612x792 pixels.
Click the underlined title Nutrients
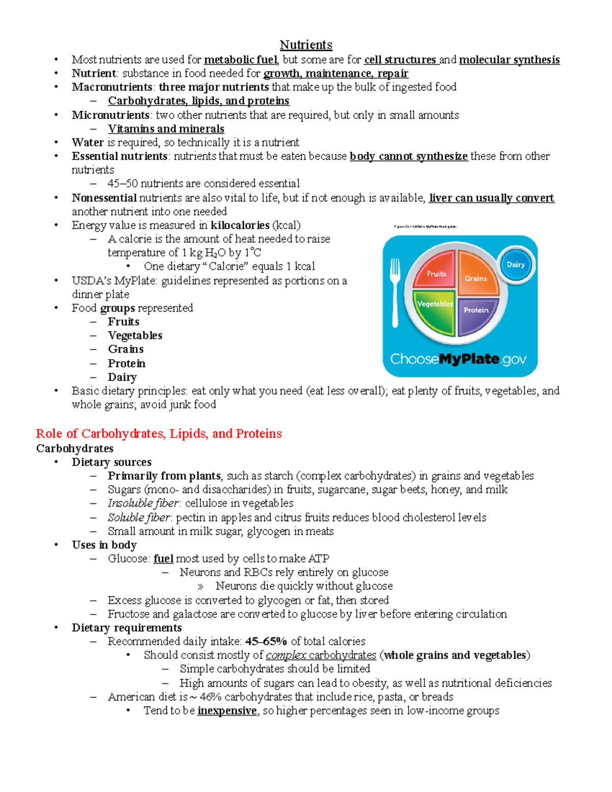point(306,45)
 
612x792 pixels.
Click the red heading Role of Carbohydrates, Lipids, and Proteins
point(159,433)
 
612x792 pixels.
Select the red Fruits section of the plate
point(435,271)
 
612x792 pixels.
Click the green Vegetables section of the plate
point(434,310)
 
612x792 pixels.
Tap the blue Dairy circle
point(516,264)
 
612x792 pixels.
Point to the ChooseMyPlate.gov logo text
point(458,359)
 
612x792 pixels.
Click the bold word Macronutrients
point(112,87)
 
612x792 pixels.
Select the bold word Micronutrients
point(110,115)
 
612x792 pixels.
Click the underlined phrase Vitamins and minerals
point(166,129)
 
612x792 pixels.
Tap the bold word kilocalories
point(240,225)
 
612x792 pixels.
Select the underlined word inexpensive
point(227,711)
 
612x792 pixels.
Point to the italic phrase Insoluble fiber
point(143,503)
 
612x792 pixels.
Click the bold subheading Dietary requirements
point(126,628)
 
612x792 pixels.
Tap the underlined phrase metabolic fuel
point(241,60)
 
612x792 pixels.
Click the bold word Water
point(88,143)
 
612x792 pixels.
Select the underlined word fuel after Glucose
point(163,559)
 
